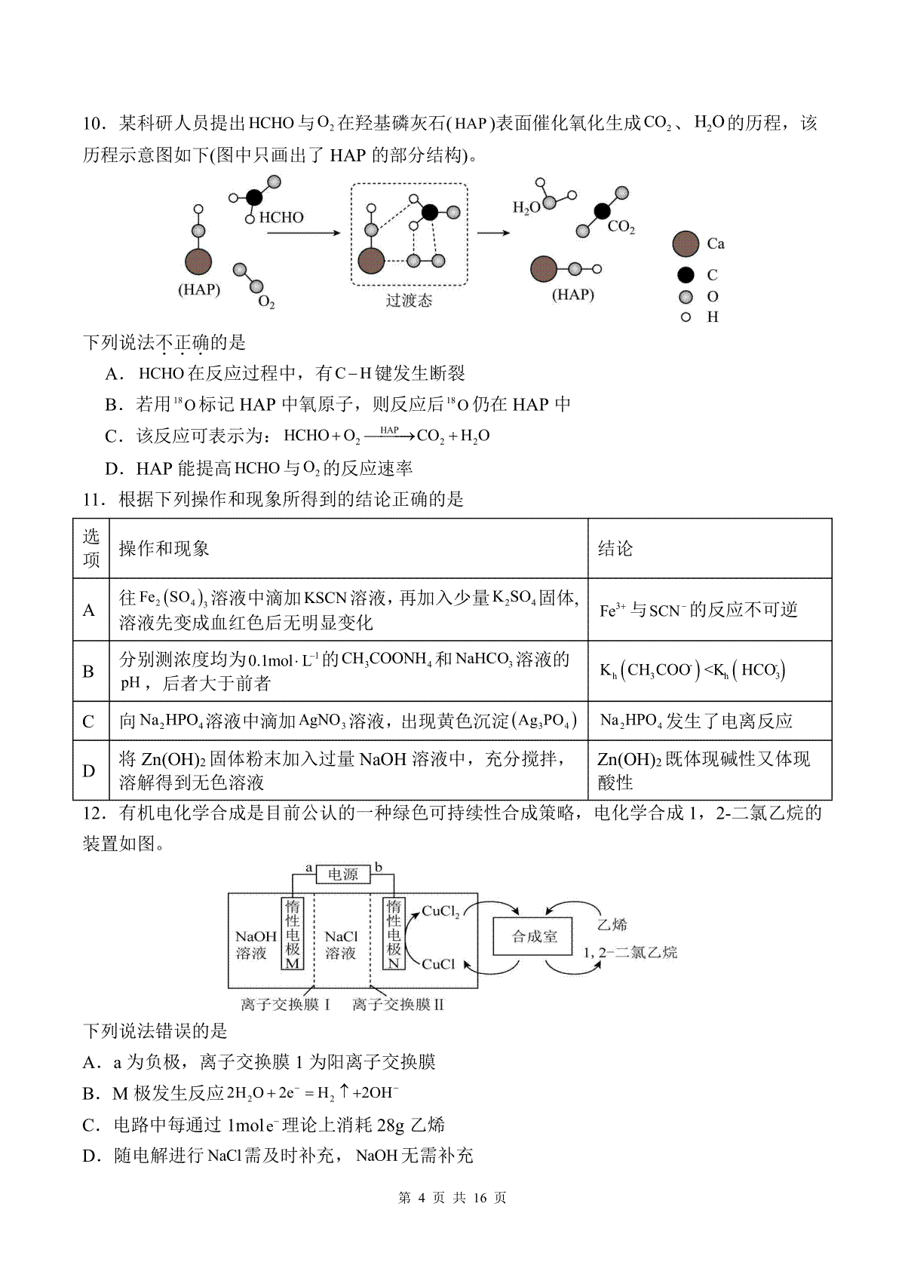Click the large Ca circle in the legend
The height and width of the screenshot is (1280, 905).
(x=686, y=244)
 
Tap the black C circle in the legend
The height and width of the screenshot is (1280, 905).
(x=686, y=275)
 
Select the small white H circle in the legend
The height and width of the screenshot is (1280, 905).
(x=686, y=317)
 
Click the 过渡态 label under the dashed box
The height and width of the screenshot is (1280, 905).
(x=409, y=300)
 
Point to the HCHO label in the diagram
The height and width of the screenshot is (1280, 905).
(x=281, y=217)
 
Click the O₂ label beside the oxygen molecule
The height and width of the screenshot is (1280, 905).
(x=266, y=301)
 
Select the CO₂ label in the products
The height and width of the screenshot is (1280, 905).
(x=621, y=227)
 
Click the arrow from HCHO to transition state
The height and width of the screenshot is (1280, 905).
(x=304, y=233)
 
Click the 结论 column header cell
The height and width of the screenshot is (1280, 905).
(x=710, y=549)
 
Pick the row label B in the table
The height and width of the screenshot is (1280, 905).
(x=88, y=671)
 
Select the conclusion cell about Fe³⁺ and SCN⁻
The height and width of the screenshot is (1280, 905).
(x=710, y=610)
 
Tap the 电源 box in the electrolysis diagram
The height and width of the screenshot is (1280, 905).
(x=343, y=874)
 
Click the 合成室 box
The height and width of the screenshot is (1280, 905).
(x=533, y=936)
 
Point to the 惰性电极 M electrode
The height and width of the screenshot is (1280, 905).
(x=293, y=934)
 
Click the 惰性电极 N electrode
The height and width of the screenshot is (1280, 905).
(x=394, y=934)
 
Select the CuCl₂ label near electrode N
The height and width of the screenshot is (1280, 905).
(x=440, y=912)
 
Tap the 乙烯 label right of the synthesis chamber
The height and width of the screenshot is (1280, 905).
(x=612, y=924)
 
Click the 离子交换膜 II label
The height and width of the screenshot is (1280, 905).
(x=398, y=1004)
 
